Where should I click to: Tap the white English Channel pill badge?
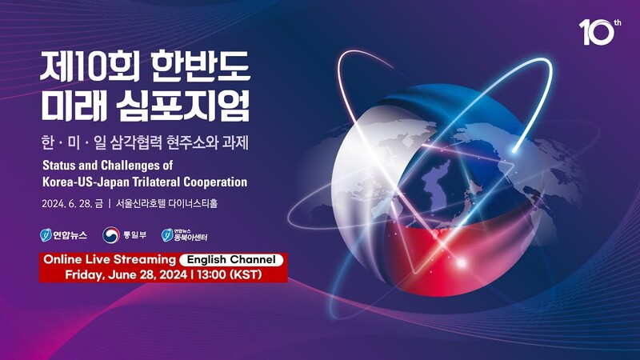click(x=231, y=259)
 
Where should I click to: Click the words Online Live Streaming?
click(x=110, y=259)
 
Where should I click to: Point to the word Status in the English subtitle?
click(x=56, y=166)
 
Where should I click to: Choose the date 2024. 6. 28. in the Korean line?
click(x=67, y=203)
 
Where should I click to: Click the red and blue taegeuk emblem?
click(x=110, y=235)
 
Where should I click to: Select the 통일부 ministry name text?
click(x=134, y=235)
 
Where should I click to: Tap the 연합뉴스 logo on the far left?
click(x=63, y=235)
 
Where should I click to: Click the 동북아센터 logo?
click(x=184, y=235)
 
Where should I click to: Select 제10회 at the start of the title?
click(x=90, y=66)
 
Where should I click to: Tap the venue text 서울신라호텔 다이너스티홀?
click(x=166, y=203)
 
